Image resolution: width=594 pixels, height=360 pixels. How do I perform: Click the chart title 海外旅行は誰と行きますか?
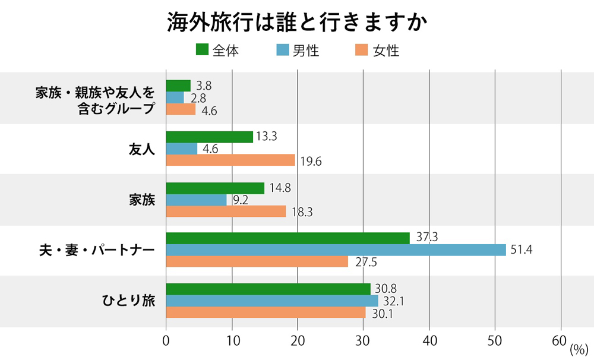297,23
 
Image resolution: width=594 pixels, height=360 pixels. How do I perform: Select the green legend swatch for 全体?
201,50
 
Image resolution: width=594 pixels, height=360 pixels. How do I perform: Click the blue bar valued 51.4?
336,250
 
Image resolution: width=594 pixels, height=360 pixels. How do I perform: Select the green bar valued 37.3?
287,238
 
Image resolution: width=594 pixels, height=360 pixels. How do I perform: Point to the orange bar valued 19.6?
230,160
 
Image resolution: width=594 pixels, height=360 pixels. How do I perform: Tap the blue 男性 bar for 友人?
181,149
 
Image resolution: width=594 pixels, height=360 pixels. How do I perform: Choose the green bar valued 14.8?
215,188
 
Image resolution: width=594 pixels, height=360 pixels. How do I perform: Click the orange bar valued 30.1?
266,312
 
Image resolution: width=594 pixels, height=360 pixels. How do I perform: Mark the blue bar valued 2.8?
175,97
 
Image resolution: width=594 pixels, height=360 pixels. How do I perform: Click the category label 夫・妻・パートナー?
96,250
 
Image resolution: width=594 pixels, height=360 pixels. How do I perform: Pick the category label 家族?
142,200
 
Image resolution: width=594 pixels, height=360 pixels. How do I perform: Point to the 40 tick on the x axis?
429,341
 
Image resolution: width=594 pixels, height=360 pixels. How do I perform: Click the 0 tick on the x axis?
166,341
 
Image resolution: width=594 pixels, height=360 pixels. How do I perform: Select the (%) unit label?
577,349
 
